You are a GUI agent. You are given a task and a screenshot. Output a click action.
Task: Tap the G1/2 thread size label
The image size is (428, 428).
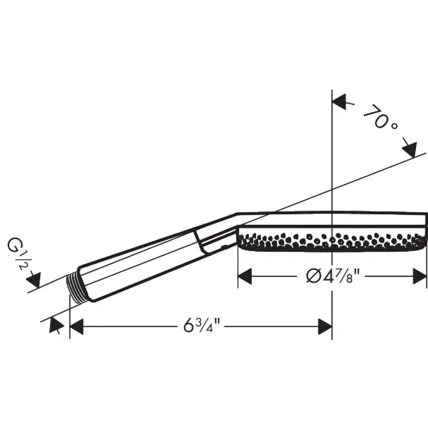tap(18, 255)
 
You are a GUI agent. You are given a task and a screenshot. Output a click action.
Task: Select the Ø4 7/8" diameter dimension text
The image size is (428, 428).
tap(333, 276)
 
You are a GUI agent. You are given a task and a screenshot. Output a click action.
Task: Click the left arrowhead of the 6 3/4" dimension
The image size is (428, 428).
tap(77, 326)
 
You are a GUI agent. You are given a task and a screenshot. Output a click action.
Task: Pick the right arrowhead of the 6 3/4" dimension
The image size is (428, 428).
tap(325, 327)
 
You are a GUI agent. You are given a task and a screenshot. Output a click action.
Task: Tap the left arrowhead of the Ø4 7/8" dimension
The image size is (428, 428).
tap(245, 276)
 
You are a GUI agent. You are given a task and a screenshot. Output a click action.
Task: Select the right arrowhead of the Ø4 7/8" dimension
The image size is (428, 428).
tap(420, 276)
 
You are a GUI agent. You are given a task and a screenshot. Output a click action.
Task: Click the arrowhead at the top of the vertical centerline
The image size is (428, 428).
tap(340, 101)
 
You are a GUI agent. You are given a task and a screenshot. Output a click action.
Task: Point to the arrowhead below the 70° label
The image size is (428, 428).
tap(410, 150)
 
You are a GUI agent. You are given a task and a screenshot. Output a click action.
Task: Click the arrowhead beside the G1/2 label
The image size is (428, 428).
tap(34, 280)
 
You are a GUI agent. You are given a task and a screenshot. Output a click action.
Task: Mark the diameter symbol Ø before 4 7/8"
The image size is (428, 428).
tap(313, 276)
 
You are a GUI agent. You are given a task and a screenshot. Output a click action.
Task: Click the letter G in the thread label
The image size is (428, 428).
tap(15, 245)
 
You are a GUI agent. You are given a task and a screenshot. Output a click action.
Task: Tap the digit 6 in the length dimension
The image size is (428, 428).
tap(188, 325)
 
